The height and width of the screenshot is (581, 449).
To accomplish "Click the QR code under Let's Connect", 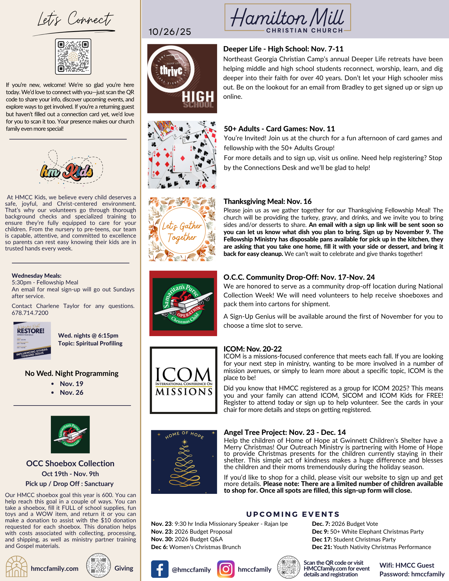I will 73,57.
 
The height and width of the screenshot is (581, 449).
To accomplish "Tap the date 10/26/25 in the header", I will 170,32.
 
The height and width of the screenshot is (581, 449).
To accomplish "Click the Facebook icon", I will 160,569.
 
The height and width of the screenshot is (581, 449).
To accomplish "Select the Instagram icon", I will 226,569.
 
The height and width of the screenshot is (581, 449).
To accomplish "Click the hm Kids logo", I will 67,171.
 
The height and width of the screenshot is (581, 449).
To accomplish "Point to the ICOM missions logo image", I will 183,380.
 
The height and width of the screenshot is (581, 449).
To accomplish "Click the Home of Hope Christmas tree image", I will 184,462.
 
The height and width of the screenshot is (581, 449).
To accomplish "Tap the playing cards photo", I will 182,155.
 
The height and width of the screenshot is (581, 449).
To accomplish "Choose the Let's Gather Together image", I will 182,229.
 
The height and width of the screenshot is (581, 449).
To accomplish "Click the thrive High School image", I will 182,78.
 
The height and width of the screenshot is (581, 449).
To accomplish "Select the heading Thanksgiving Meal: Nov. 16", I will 267,201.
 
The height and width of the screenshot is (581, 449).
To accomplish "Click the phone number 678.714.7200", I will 30,313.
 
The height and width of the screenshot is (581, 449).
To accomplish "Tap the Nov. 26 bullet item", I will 71,392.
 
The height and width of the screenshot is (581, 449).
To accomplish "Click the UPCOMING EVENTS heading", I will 293,514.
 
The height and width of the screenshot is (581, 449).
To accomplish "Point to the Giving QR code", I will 98,565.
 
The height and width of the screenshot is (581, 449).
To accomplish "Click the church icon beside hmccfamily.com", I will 17,566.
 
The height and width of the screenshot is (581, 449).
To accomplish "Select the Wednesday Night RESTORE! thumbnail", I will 32,340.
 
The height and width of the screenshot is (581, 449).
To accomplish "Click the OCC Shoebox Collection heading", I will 70,463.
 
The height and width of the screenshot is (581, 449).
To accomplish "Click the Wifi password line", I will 412,574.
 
